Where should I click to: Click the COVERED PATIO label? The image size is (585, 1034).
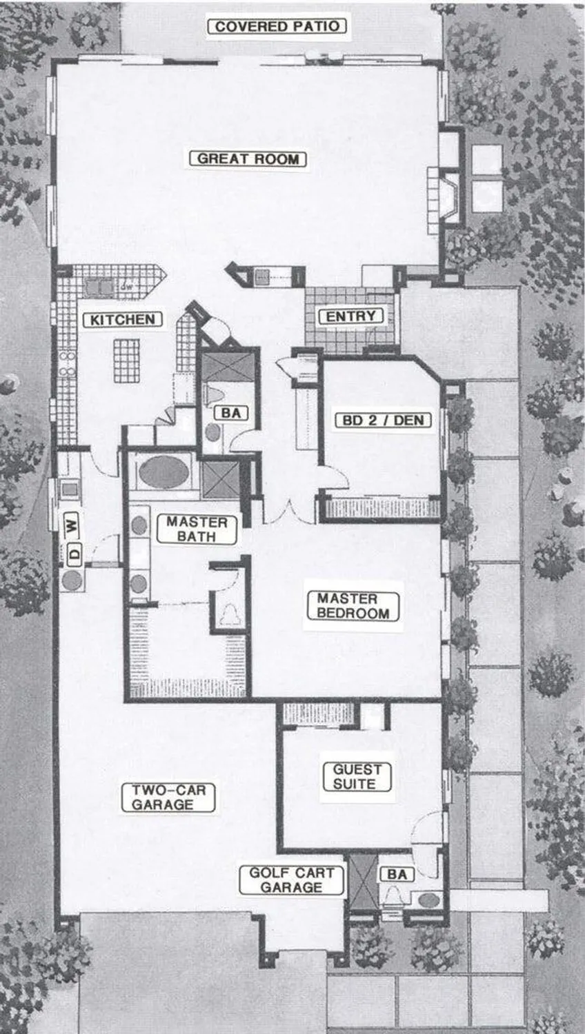pyautogui.click(x=277, y=27)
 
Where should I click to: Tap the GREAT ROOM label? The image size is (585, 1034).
pyautogui.click(x=248, y=159)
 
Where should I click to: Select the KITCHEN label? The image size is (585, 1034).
pyautogui.click(x=123, y=319)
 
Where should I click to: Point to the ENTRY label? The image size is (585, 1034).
pyautogui.click(x=350, y=316)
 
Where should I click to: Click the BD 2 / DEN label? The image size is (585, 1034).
pyautogui.click(x=383, y=420)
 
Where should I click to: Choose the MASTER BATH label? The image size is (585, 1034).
pyautogui.click(x=197, y=529)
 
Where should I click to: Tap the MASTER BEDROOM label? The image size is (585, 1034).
pyautogui.click(x=353, y=606)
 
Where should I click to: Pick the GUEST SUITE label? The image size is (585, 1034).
pyautogui.click(x=357, y=776)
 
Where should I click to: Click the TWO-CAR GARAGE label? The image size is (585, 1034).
pyautogui.click(x=168, y=798)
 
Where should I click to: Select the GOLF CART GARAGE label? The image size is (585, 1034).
pyautogui.click(x=291, y=880)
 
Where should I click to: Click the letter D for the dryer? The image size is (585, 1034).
pyautogui.click(x=73, y=552)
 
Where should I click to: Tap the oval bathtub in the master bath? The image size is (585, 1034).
pyautogui.click(x=163, y=472)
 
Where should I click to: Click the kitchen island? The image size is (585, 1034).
pyautogui.click(x=126, y=359)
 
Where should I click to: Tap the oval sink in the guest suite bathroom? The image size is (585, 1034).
pyautogui.click(x=429, y=900)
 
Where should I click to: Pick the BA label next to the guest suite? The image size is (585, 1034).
pyautogui.click(x=397, y=874)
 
